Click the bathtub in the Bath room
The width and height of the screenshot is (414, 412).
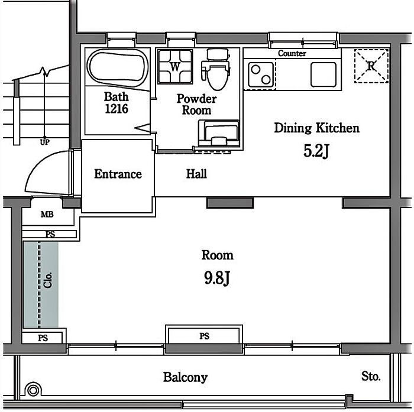pos(117,67)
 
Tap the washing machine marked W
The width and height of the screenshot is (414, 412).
pos(175,67)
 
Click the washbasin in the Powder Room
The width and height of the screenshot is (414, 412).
pos(219,133)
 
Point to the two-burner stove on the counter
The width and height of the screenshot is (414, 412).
pos(261,74)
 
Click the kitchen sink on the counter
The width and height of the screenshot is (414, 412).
pos(324,74)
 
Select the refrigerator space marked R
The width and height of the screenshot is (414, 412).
pos(371,66)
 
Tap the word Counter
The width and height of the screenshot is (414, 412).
pos(292,54)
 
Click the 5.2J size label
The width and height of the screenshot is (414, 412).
pos(316,151)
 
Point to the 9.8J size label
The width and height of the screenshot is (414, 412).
pos(217,278)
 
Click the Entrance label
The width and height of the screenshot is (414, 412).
pos(118,174)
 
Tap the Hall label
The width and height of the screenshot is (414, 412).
pos(196,174)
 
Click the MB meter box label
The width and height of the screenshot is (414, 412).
pos(47,215)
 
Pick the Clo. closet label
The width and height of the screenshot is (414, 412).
pos(48,280)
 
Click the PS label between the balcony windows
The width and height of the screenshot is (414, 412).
pos(205,336)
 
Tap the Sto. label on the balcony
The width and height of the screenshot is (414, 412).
pos(371,377)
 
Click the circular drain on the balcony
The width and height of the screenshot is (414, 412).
pos(33,390)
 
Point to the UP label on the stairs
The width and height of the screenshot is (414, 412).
pos(44,142)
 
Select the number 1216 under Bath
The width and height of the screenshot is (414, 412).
pos(117,109)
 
